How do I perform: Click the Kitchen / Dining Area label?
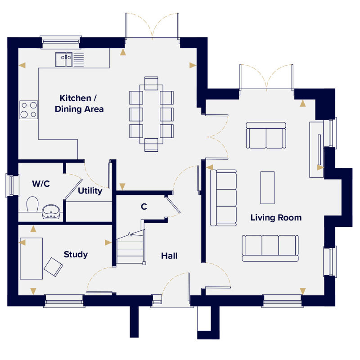click(79, 103)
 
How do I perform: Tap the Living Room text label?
click(276, 218)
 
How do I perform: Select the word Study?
click(76, 255)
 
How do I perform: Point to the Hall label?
click(169, 256)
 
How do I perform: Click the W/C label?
click(41, 184)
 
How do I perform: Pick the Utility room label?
click(90, 191)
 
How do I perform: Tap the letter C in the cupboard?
click(144, 207)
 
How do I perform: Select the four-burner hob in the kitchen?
click(29, 110)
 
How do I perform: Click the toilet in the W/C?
click(32, 204)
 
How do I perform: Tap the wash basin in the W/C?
click(51, 211)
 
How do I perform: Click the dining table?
click(151, 114)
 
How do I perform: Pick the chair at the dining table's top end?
click(151, 83)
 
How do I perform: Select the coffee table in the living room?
click(267, 188)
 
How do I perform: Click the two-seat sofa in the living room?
click(266, 135)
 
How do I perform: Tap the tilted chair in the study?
click(53, 267)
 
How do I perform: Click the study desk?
click(31, 258)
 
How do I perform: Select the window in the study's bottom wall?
click(64, 301)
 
